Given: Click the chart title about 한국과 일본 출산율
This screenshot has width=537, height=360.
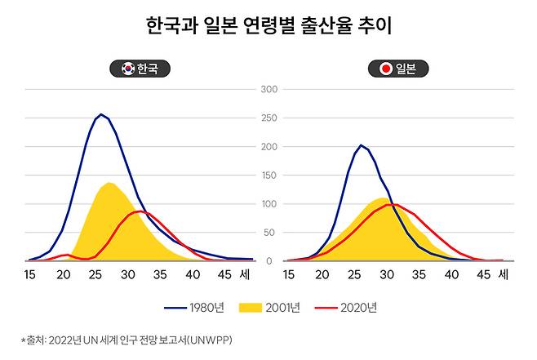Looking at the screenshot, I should [x=268, y=27].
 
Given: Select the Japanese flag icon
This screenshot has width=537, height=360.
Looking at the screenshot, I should [x=384, y=69].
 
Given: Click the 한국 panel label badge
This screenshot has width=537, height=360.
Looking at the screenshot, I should [x=140, y=69].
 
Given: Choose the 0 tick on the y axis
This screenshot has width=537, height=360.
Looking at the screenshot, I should [x=268, y=260].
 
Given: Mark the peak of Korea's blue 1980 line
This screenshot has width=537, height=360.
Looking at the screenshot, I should [x=101, y=114].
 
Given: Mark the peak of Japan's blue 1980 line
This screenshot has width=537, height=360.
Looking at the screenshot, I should [x=361, y=145].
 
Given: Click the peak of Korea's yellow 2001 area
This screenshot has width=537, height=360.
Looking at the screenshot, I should [x=110, y=183].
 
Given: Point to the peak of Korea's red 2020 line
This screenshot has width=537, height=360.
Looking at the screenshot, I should [x=140, y=211].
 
